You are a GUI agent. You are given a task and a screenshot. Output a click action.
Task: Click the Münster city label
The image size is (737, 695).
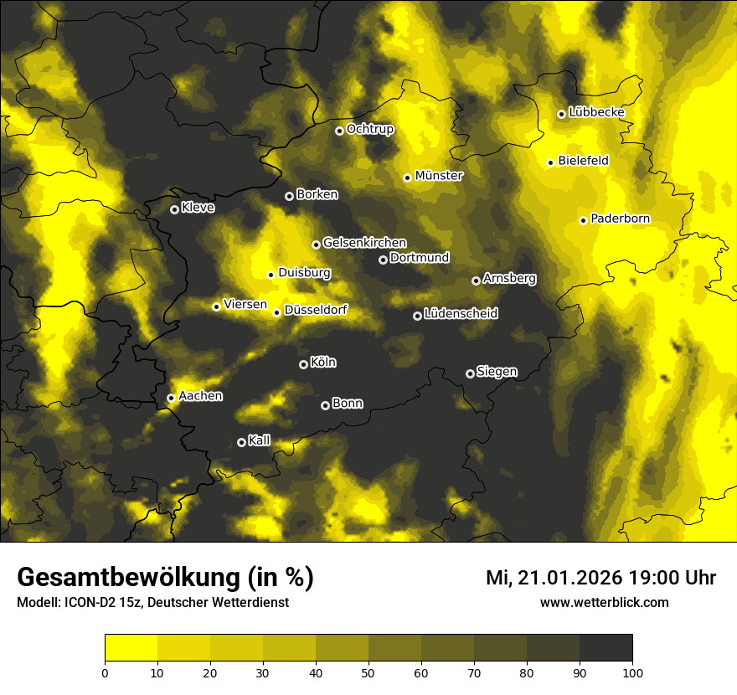pyautogui.click(x=439, y=176)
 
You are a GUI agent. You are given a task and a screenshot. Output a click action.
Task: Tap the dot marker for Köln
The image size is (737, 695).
pyautogui.click(x=303, y=364)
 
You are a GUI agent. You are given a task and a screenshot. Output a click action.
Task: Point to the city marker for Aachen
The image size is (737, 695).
pyautogui.click(x=171, y=398)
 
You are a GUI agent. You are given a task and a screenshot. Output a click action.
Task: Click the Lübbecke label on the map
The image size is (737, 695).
pyautogui.click(x=596, y=112)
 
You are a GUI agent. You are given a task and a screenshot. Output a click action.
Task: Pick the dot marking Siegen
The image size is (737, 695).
pyautogui.click(x=470, y=373)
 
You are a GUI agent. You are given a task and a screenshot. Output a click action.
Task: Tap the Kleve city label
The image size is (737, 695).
pyautogui.click(x=198, y=208)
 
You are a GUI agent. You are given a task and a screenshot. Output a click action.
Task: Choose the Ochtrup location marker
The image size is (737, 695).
pyautogui.click(x=339, y=131)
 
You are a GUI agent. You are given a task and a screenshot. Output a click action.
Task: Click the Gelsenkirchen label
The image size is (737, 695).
pyautogui.click(x=364, y=243)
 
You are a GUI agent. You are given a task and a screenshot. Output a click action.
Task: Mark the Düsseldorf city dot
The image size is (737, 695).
pyautogui.click(x=276, y=312)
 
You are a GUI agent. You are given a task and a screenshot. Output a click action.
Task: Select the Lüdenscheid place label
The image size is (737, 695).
pyautogui.click(x=461, y=314)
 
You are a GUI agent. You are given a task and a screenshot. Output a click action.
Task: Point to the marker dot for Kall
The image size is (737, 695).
pyautogui.click(x=241, y=442)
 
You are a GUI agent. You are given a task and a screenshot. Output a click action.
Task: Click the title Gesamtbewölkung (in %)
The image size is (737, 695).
pyautogui.click(x=165, y=578)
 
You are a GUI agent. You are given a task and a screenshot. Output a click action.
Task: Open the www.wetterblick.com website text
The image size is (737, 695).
pyautogui.click(x=604, y=602)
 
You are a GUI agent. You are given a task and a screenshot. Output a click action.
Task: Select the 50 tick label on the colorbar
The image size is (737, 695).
pyautogui.click(x=368, y=672)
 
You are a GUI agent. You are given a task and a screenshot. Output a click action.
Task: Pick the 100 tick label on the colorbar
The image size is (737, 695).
pyautogui.click(x=632, y=672)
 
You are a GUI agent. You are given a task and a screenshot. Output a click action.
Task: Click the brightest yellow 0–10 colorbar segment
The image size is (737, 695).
pyautogui.click(x=131, y=648)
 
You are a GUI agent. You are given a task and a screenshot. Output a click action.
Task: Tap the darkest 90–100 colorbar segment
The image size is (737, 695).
pyautogui.click(x=606, y=648)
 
